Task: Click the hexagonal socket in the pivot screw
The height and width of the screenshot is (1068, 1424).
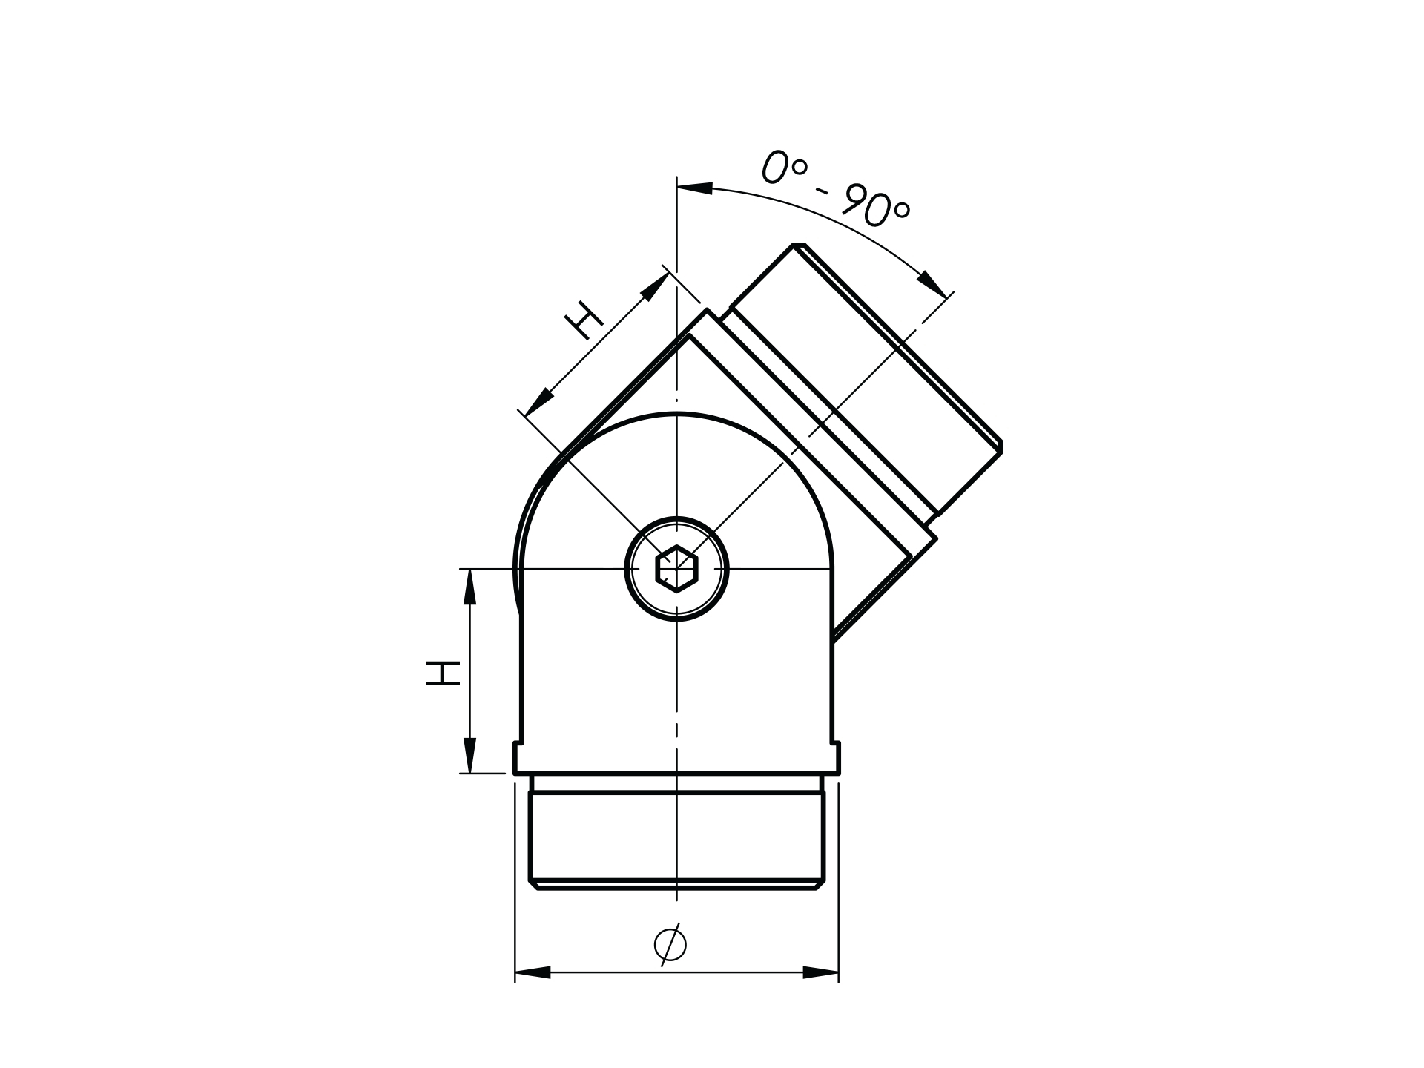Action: click(x=676, y=569)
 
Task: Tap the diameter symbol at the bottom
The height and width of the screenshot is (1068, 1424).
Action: click(x=670, y=944)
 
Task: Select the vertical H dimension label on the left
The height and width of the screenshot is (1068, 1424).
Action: click(x=444, y=672)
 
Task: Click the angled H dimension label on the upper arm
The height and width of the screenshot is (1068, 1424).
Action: click(x=584, y=320)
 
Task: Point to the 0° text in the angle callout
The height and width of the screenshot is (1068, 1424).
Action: click(x=782, y=167)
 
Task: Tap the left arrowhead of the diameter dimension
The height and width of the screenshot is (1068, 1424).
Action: click(x=533, y=972)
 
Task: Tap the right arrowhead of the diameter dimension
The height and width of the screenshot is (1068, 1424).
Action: click(x=820, y=972)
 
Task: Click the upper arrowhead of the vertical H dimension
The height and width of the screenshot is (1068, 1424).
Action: click(x=469, y=587)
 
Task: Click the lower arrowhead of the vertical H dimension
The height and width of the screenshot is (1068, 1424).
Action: click(x=469, y=755)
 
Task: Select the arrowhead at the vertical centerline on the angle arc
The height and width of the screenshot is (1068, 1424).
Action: click(x=695, y=188)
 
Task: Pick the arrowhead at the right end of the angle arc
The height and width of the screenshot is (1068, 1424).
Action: click(x=934, y=284)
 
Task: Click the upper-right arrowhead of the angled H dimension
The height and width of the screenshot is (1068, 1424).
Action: click(x=654, y=287)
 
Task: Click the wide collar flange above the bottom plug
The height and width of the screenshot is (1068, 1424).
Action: click(x=676, y=758)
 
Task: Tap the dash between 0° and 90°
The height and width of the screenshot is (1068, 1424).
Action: click(x=821, y=191)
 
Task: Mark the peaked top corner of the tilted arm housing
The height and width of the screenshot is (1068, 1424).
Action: click(x=707, y=311)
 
